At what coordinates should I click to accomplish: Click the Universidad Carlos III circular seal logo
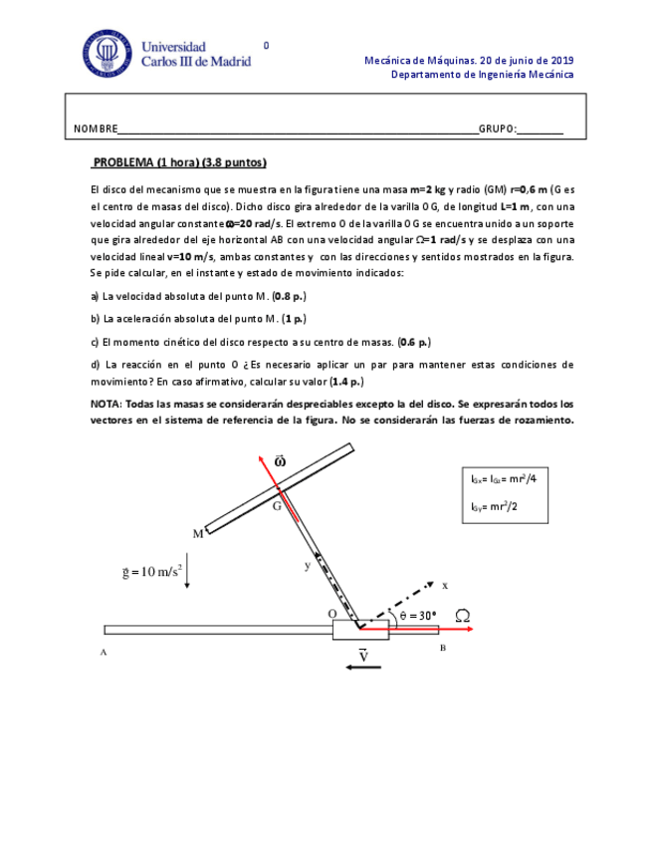(x=106, y=54)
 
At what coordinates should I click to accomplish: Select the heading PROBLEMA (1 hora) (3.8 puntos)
(x=179, y=162)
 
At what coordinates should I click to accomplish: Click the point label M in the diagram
(x=198, y=533)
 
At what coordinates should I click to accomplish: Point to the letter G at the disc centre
(x=278, y=505)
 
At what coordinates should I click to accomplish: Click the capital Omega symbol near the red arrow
(x=462, y=616)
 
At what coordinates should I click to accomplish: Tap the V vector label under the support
(x=363, y=655)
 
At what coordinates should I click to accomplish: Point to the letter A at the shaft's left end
(x=103, y=652)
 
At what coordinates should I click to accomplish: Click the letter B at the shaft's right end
(x=442, y=648)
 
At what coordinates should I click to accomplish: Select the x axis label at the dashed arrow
(x=445, y=585)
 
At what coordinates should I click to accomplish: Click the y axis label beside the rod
(x=308, y=566)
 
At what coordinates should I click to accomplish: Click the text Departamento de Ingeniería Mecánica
(x=482, y=75)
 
